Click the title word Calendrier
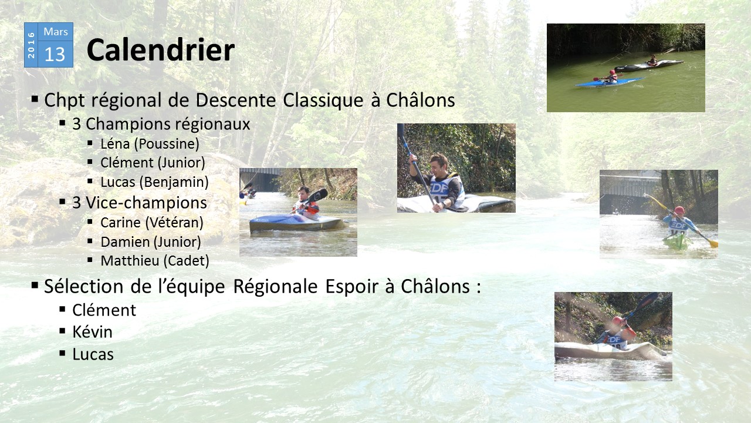pyautogui.click(x=161, y=50)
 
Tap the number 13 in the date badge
pyautogui.click(x=55, y=55)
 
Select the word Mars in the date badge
pyautogui.click(x=56, y=32)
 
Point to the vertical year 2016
pyautogui.click(x=31, y=45)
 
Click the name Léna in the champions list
pyautogui.click(x=115, y=144)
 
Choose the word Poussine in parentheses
pyautogui.click(x=167, y=144)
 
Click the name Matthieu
pyautogui.click(x=130, y=260)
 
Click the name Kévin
pyautogui.click(x=92, y=332)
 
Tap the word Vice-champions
pyautogui.click(x=146, y=203)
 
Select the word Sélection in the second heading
pyautogui.click(x=84, y=286)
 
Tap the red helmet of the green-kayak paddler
pyautogui.click(x=679, y=210)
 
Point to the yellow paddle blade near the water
pyautogui.click(x=713, y=244)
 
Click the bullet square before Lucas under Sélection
pyautogui.click(x=62, y=353)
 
